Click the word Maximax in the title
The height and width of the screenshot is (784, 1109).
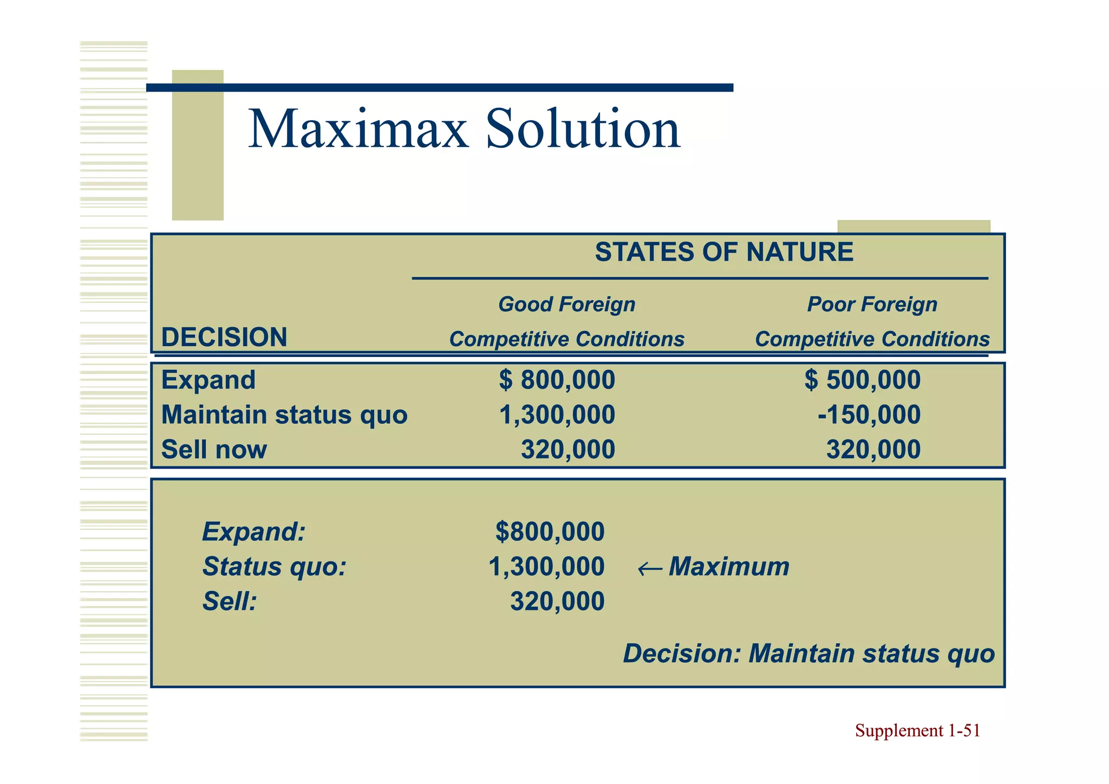click(x=358, y=130)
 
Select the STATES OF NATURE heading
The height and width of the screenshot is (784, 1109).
click(x=724, y=252)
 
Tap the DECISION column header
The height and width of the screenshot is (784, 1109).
click(x=224, y=338)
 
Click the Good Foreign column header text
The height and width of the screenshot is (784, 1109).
click(x=566, y=304)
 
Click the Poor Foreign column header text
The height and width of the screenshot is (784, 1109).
click(x=872, y=304)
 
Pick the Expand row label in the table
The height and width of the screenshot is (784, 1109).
click(x=208, y=380)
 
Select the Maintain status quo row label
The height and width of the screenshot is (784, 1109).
click(x=284, y=415)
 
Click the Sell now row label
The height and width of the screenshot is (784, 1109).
click(x=214, y=450)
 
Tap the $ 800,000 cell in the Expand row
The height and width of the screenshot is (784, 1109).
click(x=557, y=380)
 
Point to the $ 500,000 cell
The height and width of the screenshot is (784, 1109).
click(x=862, y=380)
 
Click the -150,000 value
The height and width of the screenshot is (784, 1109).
click(x=869, y=415)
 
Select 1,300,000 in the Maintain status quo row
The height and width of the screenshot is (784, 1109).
click(x=557, y=415)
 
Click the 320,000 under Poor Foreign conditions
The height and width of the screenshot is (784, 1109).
click(x=873, y=450)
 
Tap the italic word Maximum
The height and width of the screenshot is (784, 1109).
click(x=729, y=567)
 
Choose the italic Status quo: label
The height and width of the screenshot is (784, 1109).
click(x=274, y=567)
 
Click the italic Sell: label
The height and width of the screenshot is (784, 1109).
click(x=229, y=602)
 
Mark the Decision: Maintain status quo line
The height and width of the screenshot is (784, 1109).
click(x=808, y=653)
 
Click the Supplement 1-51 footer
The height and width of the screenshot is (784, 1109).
click(x=917, y=731)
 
